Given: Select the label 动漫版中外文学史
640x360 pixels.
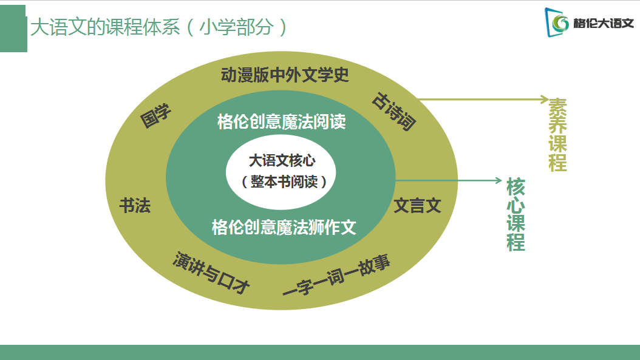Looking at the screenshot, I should (x=285, y=75).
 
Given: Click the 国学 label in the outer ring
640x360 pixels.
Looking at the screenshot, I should (x=156, y=115).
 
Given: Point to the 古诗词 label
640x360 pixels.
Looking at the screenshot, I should (x=394, y=111).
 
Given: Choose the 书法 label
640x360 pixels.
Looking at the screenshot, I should (x=135, y=205).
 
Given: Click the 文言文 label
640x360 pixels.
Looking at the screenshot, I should (x=417, y=206).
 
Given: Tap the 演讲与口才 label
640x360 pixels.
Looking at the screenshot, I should (x=211, y=274).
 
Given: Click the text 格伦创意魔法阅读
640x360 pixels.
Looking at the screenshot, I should (x=282, y=121).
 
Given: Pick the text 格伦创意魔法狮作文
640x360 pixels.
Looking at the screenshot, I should (x=284, y=228).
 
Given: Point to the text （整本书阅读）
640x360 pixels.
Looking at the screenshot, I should (x=284, y=182).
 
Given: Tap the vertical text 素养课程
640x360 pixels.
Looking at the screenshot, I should (x=557, y=134).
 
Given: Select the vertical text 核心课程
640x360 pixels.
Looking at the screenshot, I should (x=516, y=214).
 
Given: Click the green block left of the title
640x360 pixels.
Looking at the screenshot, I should (x=13, y=28).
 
